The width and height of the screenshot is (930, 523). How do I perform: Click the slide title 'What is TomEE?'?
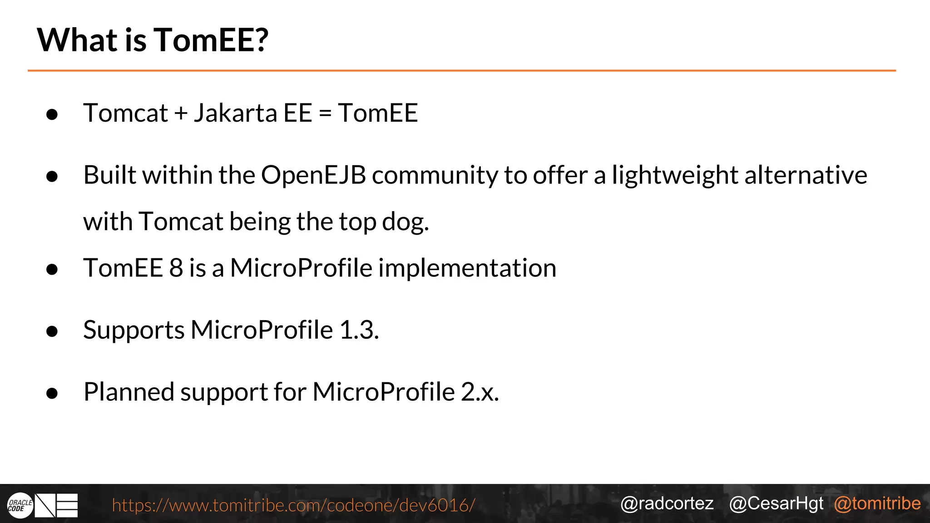(153, 40)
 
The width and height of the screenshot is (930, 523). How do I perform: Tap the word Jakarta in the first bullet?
(235, 113)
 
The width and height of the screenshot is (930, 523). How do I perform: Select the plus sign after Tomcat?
(181, 113)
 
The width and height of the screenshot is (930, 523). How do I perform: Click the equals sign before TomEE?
(325, 113)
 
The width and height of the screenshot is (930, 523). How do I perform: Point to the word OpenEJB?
(313, 175)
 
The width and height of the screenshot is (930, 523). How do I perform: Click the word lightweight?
(675, 175)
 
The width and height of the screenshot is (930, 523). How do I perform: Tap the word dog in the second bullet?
(405, 222)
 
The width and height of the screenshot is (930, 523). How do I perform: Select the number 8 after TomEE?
(176, 268)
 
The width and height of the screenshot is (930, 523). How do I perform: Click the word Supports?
(134, 330)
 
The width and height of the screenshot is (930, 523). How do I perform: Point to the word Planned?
(129, 392)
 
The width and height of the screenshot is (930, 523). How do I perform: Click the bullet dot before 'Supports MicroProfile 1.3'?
(52, 331)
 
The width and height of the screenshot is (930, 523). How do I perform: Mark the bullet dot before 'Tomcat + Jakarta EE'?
(52, 114)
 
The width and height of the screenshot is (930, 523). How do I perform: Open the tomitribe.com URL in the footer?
(293, 505)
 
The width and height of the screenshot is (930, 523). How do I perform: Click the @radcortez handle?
(667, 503)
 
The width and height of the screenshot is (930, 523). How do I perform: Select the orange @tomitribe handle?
(877, 503)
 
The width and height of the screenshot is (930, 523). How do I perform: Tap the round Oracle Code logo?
(20, 505)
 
